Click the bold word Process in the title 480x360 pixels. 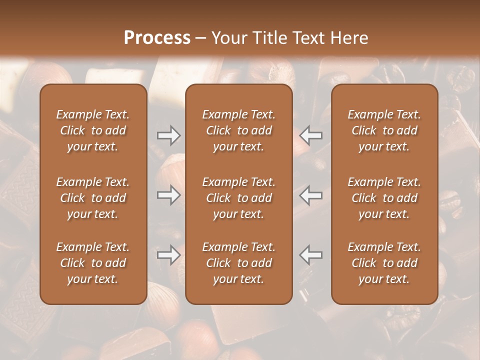157,38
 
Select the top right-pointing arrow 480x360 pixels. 169,135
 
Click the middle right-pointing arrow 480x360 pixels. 169,195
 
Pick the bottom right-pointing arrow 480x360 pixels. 169,254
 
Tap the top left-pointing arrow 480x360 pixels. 310,135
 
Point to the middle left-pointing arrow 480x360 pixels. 310,195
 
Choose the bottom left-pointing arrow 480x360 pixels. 310,254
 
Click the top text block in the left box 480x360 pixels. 93,130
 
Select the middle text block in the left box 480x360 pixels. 93,198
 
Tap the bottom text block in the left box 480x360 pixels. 93,263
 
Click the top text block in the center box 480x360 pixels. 238,130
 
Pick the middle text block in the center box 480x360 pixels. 238,198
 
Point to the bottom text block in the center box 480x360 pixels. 238,263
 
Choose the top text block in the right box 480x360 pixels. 384,130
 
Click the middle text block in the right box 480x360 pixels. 384,198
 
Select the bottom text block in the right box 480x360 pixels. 384,263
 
